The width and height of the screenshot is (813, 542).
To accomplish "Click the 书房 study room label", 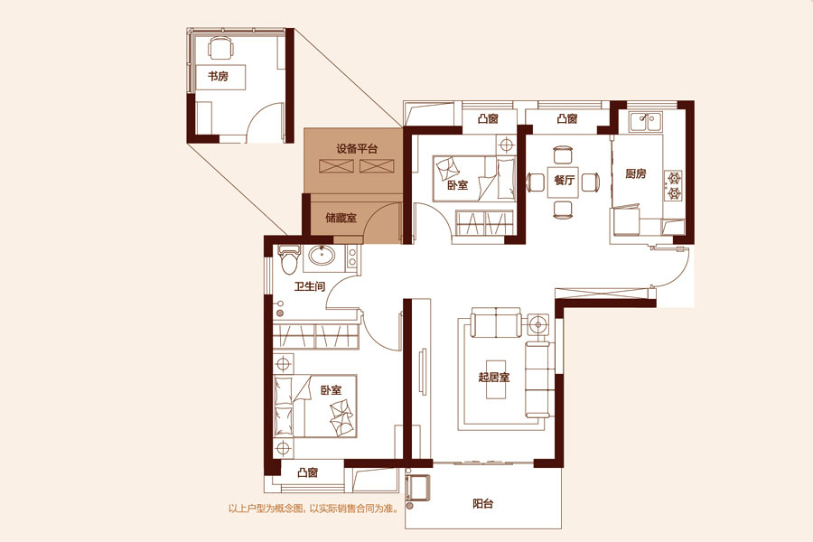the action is pyautogui.click(x=218, y=77).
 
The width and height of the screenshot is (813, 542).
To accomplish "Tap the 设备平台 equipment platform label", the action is pyautogui.click(x=357, y=149).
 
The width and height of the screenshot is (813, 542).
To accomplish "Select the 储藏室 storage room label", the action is pyautogui.click(x=341, y=218).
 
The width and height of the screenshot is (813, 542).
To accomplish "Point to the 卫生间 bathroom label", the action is pyautogui.click(x=310, y=286).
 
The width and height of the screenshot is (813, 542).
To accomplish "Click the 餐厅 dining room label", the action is pyautogui.click(x=564, y=180).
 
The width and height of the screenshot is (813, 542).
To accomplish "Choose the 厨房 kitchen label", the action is pyautogui.click(x=635, y=173).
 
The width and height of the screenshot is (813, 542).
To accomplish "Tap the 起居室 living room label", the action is pyautogui.click(x=493, y=377).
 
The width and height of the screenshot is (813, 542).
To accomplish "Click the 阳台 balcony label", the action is pyautogui.click(x=482, y=503).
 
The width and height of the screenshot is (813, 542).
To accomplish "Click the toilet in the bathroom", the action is pyautogui.click(x=289, y=259).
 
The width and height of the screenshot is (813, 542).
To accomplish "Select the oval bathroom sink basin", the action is pyautogui.click(x=322, y=256).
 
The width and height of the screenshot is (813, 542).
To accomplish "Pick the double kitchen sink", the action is pyautogui.click(x=644, y=123).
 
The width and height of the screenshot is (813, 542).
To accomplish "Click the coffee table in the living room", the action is pyautogui.click(x=496, y=379).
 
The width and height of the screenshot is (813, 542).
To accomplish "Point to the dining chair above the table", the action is pyautogui.click(x=564, y=155).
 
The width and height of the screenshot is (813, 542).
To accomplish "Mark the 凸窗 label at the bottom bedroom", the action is pyautogui.click(x=307, y=472).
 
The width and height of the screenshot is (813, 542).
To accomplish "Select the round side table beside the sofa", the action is pyautogui.click(x=538, y=325).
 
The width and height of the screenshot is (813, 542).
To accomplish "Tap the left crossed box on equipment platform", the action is pyautogui.click(x=337, y=166).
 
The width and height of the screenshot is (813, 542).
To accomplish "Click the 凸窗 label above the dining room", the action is pyautogui.click(x=567, y=118).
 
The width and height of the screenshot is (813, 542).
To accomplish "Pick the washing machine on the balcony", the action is pyautogui.click(x=418, y=488).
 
